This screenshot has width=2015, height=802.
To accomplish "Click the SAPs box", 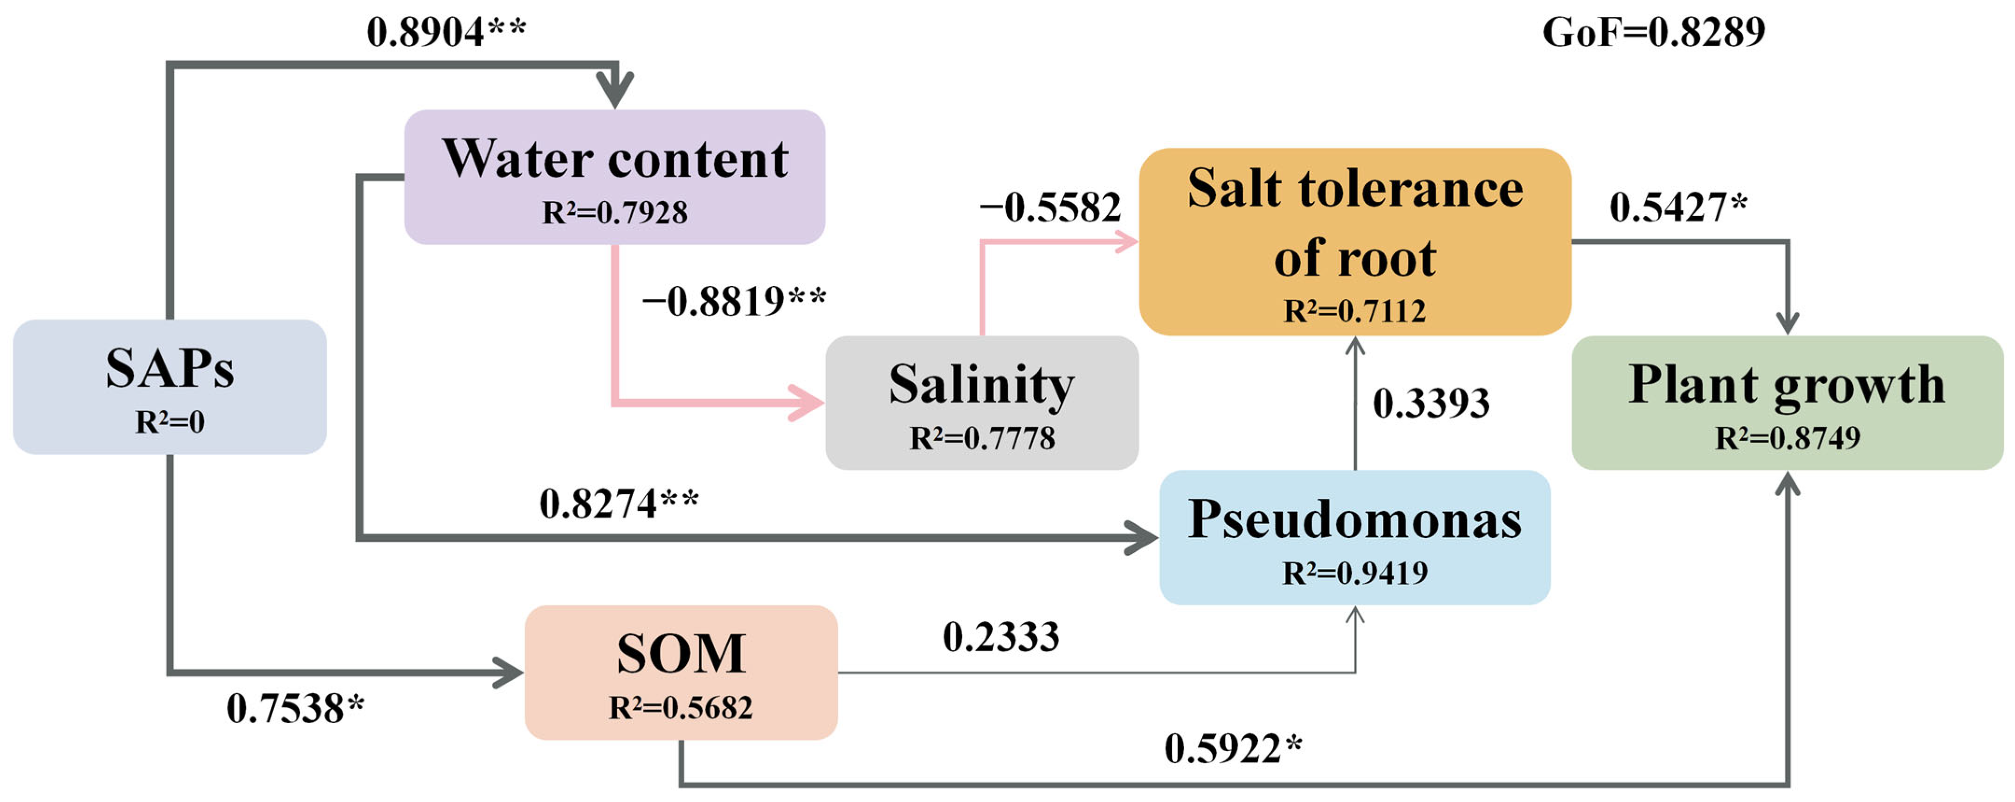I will [170, 387].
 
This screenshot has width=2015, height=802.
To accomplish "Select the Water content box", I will [615, 177].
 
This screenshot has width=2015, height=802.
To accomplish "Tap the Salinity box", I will [982, 402].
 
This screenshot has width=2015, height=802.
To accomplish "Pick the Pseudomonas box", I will [1355, 537].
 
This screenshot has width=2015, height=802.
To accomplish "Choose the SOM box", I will [681, 671].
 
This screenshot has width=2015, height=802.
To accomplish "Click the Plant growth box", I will [1787, 402].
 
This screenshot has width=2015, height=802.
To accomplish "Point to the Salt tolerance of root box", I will [1355, 241].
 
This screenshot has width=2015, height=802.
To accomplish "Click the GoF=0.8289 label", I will [1654, 33].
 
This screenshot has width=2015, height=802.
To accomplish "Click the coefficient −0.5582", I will [1050, 207].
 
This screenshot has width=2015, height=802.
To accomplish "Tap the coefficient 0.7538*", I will [296, 709].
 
